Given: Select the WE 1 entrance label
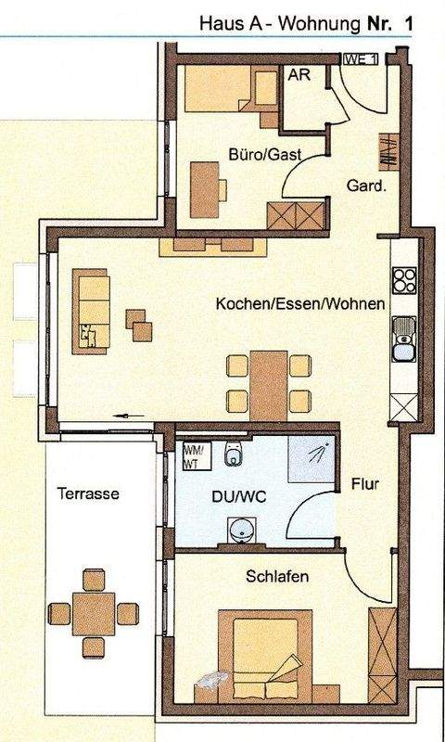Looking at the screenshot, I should [362, 59].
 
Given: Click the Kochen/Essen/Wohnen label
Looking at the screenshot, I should [299, 304].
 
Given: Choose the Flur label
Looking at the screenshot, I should [365, 484].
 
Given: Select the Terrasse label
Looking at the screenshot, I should [86, 493].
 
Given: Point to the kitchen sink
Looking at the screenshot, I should [403, 339].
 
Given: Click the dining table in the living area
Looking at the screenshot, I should [269, 380].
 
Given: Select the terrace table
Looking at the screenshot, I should [93, 612].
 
